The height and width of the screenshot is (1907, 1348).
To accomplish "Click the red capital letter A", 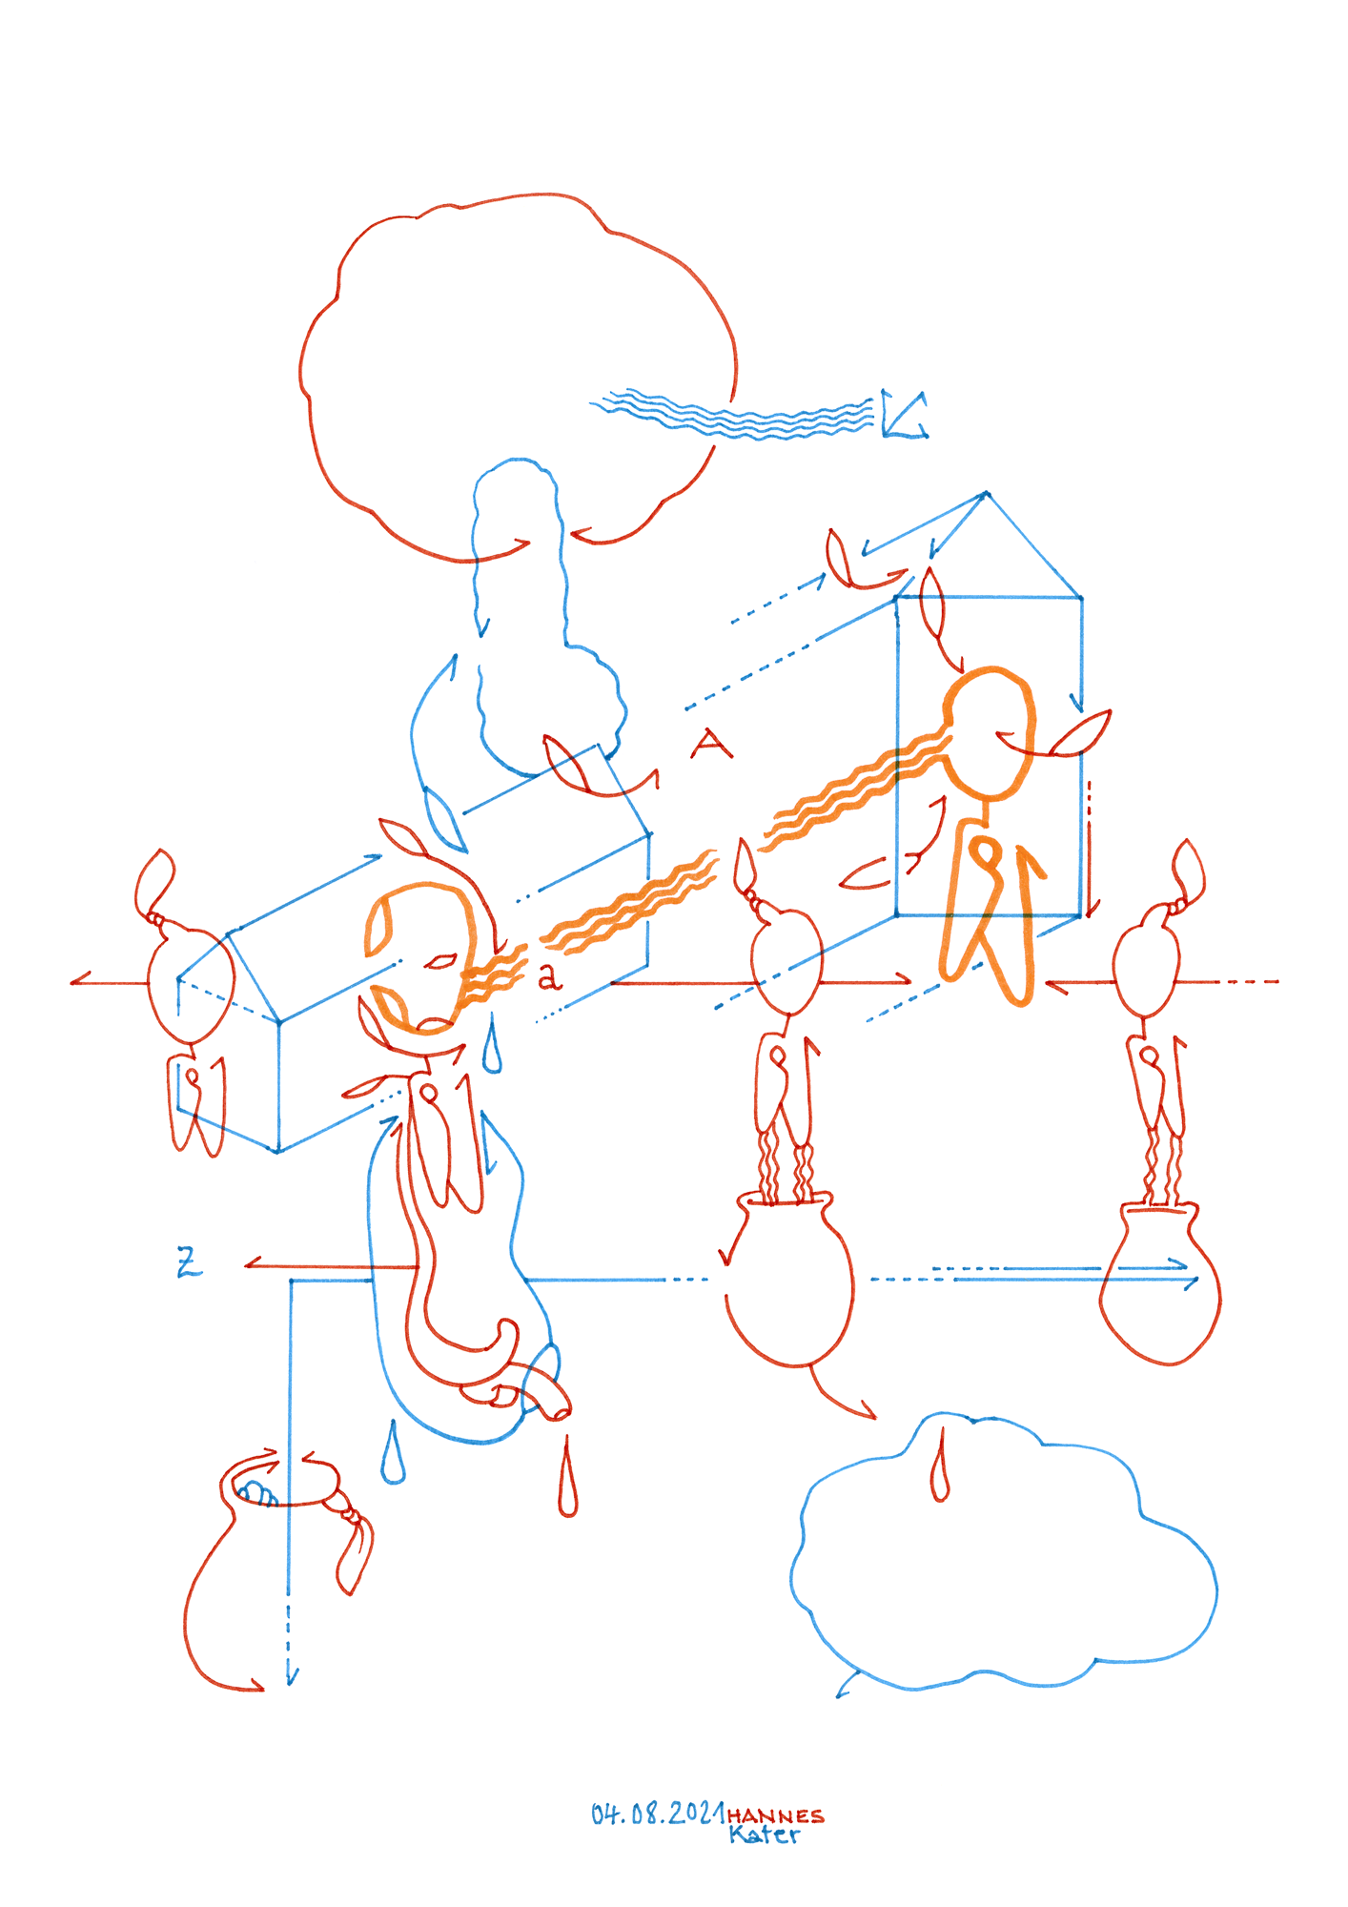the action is pyautogui.click(x=711, y=744).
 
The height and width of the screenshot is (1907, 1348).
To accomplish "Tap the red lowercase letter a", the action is pyautogui.click(x=549, y=977).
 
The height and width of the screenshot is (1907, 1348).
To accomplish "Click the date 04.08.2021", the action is pyautogui.click(x=658, y=1814).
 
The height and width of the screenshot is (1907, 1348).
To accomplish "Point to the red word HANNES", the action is pyautogui.click(x=775, y=1815).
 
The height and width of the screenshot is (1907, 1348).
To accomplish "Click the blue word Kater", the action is pyautogui.click(x=765, y=1834).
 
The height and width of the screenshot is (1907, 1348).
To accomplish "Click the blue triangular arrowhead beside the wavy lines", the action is pyautogui.click(x=900, y=415).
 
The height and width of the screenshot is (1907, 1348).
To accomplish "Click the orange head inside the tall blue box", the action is pyautogui.click(x=989, y=732).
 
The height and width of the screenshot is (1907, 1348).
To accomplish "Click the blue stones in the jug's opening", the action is pyautogui.click(x=255, y=1492).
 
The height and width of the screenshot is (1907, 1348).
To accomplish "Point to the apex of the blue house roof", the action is pyautogui.click(x=987, y=493).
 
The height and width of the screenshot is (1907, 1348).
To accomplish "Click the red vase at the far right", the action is pyautogui.click(x=1160, y=1282).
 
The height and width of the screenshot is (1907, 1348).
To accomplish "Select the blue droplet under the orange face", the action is pyautogui.click(x=492, y=1046).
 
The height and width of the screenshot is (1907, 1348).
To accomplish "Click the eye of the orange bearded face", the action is pyautogui.click(x=439, y=962).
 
